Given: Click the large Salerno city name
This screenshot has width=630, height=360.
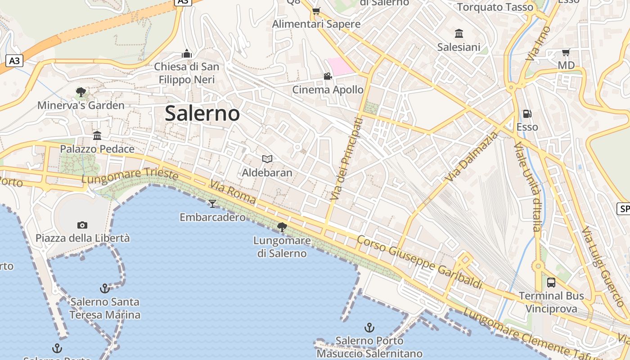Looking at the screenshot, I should (x=202, y=113).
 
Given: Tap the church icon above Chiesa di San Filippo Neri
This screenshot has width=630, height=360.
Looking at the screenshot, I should (x=187, y=54).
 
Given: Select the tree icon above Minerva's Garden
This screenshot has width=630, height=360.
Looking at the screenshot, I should (x=81, y=92).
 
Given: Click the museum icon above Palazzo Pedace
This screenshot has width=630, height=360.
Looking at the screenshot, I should (x=97, y=135).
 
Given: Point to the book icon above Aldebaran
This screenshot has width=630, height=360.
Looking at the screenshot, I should (x=267, y=159).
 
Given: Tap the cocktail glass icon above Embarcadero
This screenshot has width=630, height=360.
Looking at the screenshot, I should (x=212, y=204).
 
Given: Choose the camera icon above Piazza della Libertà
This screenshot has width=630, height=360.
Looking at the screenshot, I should (x=82, y=225).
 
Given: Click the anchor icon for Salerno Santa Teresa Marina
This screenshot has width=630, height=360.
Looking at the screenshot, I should (x=104, y=288).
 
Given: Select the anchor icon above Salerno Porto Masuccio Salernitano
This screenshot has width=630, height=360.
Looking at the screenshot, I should (x=369, y=327).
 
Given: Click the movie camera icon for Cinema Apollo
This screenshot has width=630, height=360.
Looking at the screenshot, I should (x=328, y=76).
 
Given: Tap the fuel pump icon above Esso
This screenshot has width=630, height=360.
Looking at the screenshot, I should (x=527, y=114).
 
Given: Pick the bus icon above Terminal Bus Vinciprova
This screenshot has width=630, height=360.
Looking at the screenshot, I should (x=551, y=283).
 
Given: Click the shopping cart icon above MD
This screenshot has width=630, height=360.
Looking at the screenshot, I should (x=566, y=52).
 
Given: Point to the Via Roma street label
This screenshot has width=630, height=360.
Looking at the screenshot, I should (x=233, y=193).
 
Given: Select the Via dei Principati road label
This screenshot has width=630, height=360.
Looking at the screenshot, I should (x=346, y=159).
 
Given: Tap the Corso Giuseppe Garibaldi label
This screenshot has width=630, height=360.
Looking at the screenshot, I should (x=419, y=261).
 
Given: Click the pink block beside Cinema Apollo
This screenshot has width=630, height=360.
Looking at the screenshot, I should (x=341, y=66).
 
